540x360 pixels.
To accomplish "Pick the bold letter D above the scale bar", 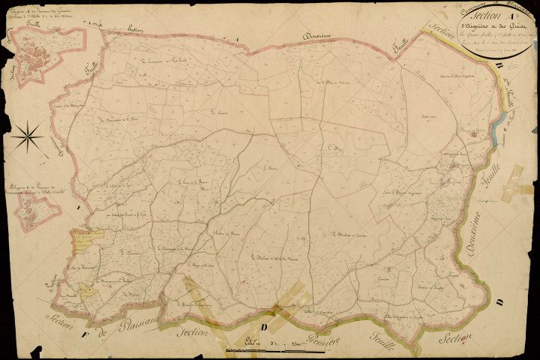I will coord(262,327).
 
